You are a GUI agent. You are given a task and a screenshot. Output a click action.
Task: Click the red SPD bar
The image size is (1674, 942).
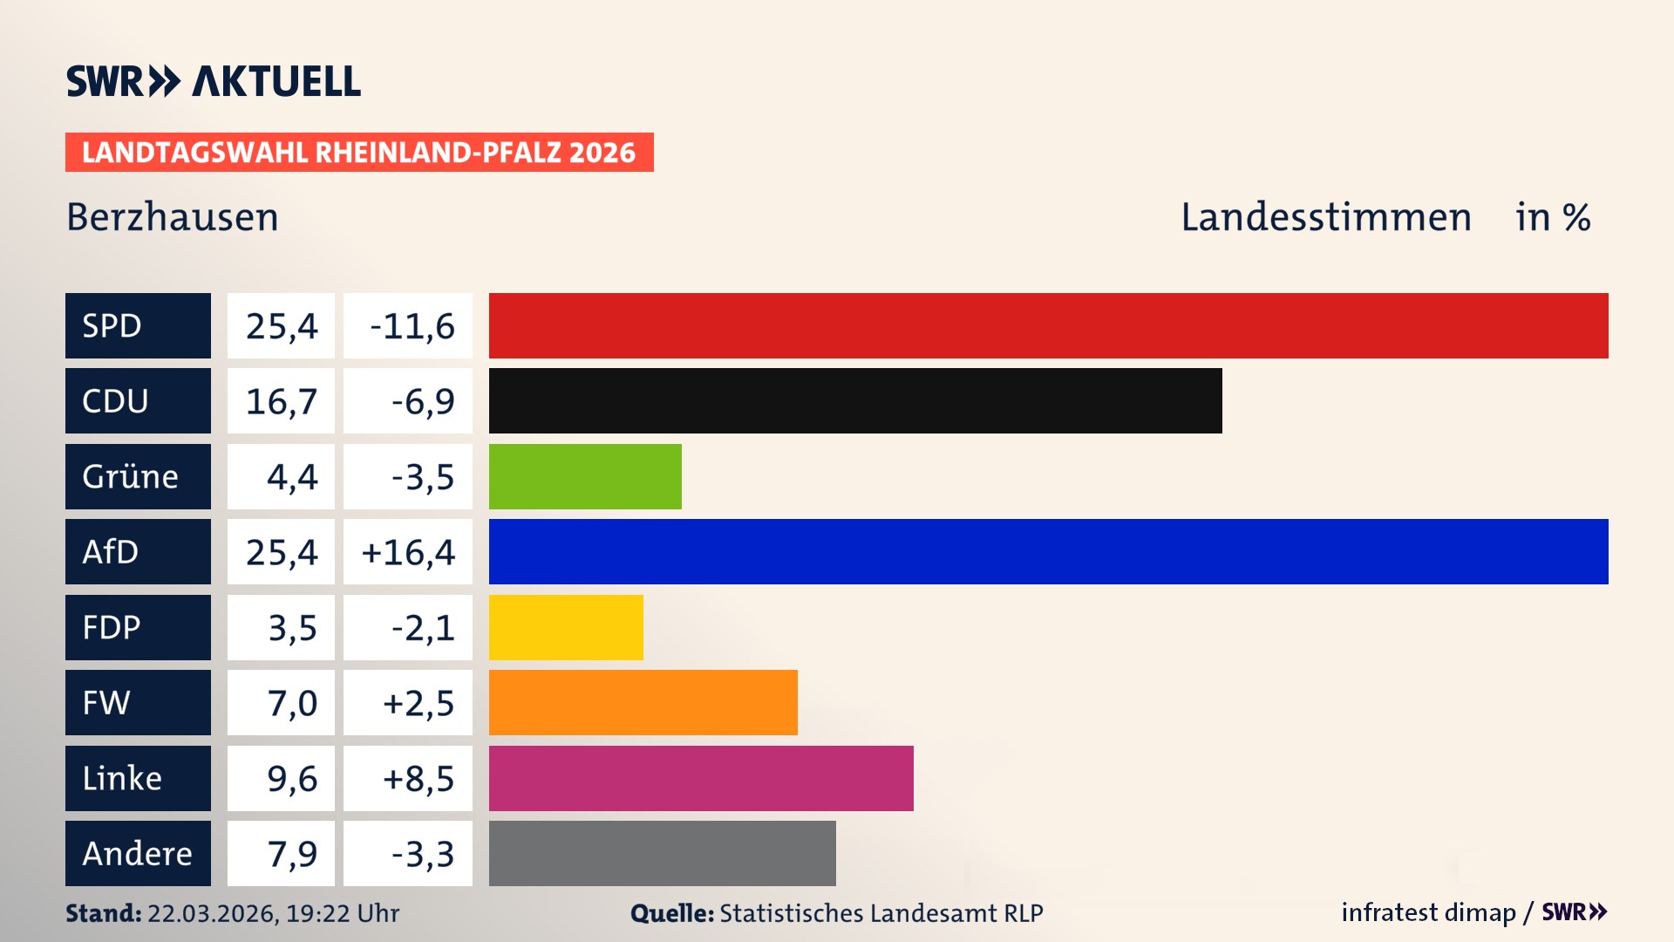(x=1048, y=325)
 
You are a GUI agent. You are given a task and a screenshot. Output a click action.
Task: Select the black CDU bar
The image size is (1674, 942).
(x=854, y=401)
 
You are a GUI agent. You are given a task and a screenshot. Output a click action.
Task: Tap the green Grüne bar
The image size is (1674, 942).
(x=585, y=476)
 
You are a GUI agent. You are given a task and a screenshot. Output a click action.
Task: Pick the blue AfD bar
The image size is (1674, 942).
(x=1048, y=552)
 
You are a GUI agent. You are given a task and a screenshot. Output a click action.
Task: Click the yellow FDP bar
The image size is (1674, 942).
(x=566, y=627)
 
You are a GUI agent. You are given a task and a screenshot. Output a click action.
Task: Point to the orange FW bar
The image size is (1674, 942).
(x=643, y=703)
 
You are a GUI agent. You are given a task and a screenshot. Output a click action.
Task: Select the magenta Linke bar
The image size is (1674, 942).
(x=701, y=778)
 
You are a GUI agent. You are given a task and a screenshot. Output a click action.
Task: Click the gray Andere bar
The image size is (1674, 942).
(x=662, y=853)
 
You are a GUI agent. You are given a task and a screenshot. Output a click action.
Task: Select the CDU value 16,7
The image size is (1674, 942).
(x=281, y=401)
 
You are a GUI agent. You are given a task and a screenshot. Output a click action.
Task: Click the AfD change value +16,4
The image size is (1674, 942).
(x=408, y=552)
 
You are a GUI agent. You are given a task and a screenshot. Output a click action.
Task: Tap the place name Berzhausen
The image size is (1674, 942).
(x=173, y=217)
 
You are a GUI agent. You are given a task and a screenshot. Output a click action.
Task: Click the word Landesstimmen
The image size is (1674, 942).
(x=1325, y=217)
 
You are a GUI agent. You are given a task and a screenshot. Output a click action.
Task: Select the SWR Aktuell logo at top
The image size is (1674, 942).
(x=213, y=81)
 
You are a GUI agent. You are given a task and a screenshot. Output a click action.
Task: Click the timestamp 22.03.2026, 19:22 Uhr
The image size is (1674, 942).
(x=273, y=913)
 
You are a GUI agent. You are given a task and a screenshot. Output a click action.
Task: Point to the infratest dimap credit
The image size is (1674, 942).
(x=1428, y=912)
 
